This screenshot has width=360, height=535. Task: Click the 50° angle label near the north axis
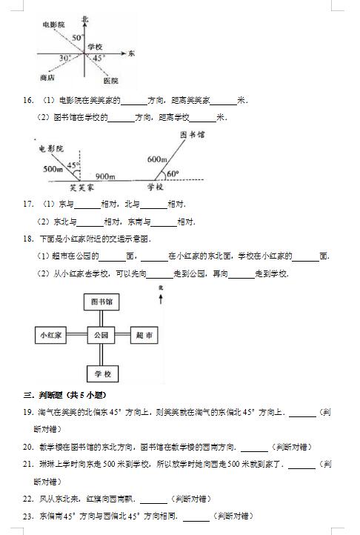(x=77, y=38)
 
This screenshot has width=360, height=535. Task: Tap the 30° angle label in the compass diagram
(x=65, y=59)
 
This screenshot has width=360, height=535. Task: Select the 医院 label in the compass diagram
(x=110, y=81)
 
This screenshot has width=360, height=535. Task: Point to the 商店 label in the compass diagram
(x=47, y=78)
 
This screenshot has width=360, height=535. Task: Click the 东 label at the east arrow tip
(x=131, y=53)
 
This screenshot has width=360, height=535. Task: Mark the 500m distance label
(x=53, y=169)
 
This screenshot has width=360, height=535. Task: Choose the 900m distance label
(x=105, y=176)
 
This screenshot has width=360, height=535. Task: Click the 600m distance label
(x=157, y=159)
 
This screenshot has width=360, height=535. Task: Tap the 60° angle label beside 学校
(x=173, y=173)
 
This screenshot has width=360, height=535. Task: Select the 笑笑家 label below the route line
(x=81, y=187)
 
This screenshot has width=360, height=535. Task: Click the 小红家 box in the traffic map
(x=50, y=335)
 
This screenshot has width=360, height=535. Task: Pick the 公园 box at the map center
(x=101, y=335)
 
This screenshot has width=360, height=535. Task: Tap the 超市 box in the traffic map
(x=144, y=335)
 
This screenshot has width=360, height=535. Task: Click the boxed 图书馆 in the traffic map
(x=101, y=302)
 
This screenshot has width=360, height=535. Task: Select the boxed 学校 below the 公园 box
(x=103, y=374)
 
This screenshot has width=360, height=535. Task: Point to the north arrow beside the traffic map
(x=161, y=299)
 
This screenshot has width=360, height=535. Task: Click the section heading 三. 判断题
(x=65, y=395)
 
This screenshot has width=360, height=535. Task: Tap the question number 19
(x=27, y=412)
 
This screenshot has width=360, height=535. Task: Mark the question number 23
(x=27, y=516)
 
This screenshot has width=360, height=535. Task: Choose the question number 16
(x=27, y=100)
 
